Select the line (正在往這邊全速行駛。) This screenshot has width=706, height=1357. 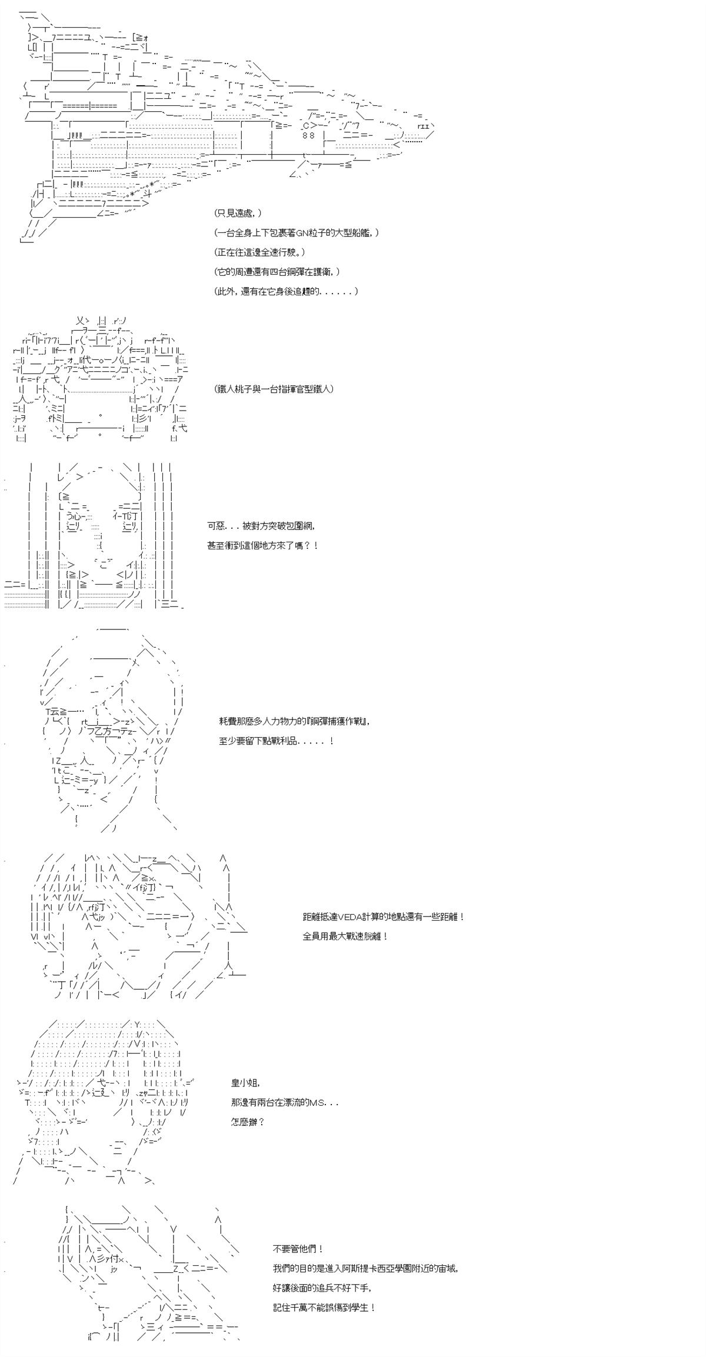coord(261,252)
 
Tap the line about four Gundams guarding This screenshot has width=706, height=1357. coord(277,271)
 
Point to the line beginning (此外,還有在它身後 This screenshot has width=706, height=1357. coord(286,291)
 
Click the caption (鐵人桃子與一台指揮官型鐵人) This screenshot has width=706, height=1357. coord(274,389)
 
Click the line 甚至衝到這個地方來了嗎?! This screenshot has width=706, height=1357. coord(262,545)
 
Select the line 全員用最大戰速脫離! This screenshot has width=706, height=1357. coord(345,936)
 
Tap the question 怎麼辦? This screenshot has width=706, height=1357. coord(248,1122)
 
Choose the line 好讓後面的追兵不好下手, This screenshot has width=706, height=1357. coord(323,1288)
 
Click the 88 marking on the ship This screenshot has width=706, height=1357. coord(309,136)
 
